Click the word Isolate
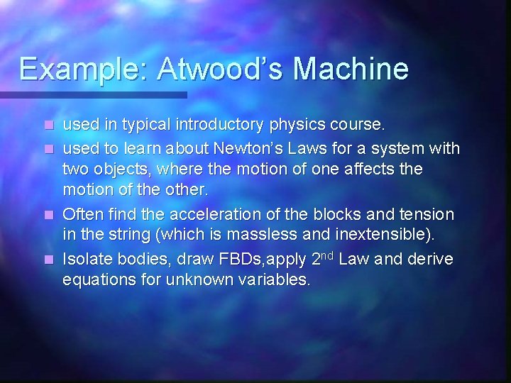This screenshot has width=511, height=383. (88, 260)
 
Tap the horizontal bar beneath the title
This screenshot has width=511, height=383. (93, 94)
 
